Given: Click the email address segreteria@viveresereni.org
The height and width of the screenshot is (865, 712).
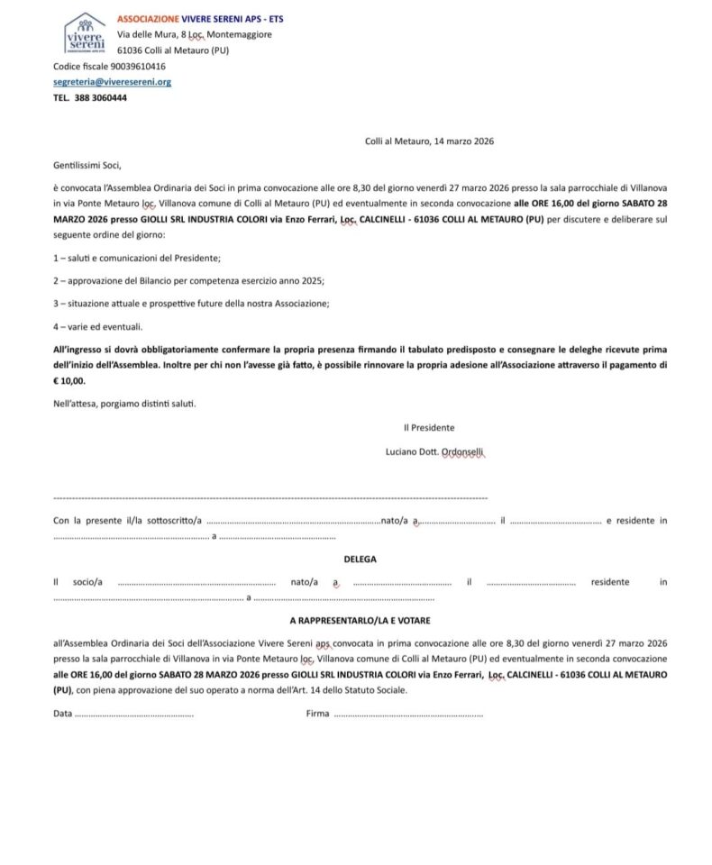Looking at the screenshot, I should pyautogui.click(x=112, y=82).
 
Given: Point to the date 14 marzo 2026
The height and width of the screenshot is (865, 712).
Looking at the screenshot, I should pyautogui.click(x=463, y=141).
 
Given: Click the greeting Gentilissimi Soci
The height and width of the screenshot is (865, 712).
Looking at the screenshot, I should pyautogui.click(x=87, y=165).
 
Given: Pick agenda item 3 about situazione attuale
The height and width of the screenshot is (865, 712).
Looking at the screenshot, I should pyautogui.click(x=191, y=304).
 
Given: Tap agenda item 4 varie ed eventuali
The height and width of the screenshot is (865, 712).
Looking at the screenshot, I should pyautogui.click(x=97, y=326).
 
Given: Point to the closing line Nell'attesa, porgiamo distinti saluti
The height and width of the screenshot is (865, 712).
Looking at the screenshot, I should pyautogui.click(x=124, y=403).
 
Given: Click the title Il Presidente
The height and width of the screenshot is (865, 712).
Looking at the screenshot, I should pyautogui.click(x=429, y=428).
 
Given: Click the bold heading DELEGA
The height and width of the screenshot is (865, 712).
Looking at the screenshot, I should pyautogui.click(x=360, y=559).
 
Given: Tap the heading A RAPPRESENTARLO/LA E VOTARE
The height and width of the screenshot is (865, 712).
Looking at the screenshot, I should pyautogui.click(x=360, y=621).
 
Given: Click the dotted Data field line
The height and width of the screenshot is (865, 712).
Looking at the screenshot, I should pyautogui.click(x=133, y=714).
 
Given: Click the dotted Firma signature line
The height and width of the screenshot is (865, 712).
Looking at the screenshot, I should pyautogui.click(x=407, y=714).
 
